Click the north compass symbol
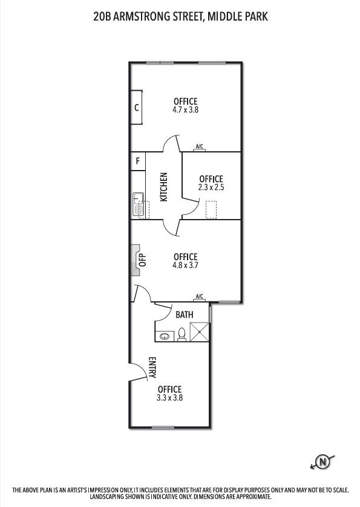coord(322,462)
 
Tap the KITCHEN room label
coord(164,187)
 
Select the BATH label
coord(185,315)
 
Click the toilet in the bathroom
coord(182,335)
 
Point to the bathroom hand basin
coord(165,336)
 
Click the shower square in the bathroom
coord(199,332)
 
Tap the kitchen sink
coord(139,204)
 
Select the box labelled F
coord(138,161)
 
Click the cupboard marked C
coord(136,107)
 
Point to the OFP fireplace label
coord(143,260)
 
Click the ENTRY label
coord(152,367)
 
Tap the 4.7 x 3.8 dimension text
coord(185,110)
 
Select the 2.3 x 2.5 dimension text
coord(211,187)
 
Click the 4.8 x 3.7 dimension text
coord(185,265)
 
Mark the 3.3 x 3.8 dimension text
coord(169,397)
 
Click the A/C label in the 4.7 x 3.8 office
coord(200,146)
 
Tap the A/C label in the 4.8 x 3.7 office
coord(200,296)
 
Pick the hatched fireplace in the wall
coord(135,260)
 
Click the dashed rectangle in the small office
coord(211,209)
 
